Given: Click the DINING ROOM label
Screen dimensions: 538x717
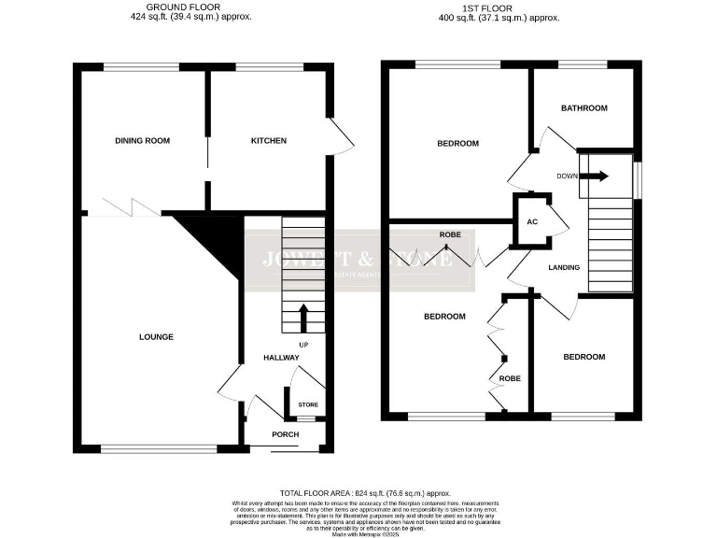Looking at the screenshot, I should [142, 141].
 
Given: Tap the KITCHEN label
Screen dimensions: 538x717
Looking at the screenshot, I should [268, 141].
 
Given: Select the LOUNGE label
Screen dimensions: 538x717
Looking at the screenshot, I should [157, 337].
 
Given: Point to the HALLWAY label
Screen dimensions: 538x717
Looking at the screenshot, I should [281, 358].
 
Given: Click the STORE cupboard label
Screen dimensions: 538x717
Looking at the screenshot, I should [307, 405].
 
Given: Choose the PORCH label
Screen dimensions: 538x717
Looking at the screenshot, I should [285, 434].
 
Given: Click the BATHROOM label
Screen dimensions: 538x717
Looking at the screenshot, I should [583, 108].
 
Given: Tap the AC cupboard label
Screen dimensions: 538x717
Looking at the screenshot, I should [532, 222].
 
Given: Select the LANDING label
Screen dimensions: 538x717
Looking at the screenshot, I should [564, 268].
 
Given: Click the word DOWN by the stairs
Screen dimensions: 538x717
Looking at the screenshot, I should [567, 176].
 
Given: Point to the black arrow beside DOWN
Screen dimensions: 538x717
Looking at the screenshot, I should [597, 176].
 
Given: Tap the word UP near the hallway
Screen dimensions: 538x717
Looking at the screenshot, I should [303, 345].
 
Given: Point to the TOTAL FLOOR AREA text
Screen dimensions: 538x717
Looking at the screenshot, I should [365, 492].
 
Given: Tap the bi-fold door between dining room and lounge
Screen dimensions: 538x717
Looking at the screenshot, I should [123, 207].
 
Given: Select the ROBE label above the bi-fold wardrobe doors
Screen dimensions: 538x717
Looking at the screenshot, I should [452, 235].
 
